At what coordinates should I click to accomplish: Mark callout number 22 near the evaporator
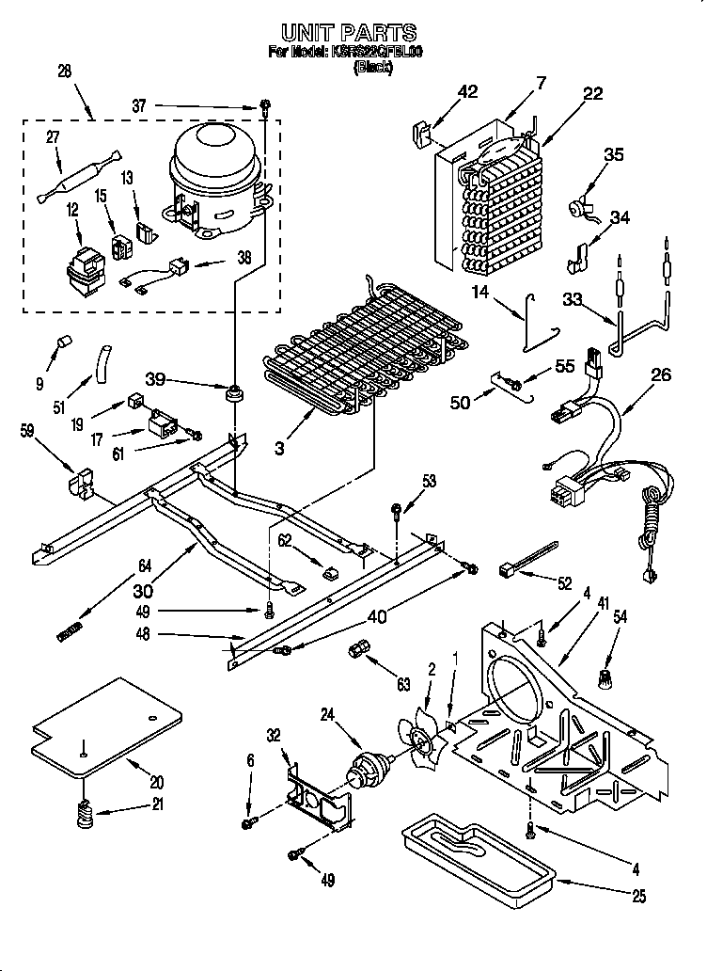click(x=592, y=92)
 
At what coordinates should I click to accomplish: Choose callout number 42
click(x=467, y=91)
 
